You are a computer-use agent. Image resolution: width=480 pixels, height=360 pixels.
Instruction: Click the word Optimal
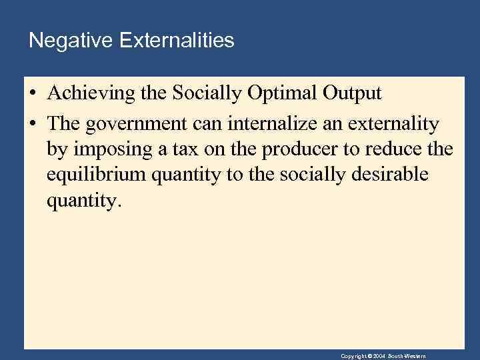[280, 93]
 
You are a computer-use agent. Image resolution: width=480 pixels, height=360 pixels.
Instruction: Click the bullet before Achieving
[33, 94]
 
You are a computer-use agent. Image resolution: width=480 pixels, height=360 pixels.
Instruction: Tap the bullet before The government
[33, 124]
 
